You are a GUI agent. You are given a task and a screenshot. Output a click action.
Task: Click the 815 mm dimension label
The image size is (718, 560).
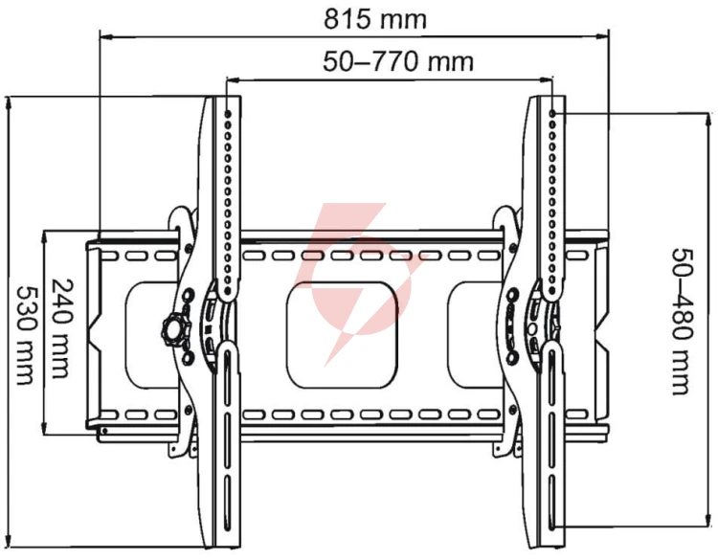(x=375, y=19)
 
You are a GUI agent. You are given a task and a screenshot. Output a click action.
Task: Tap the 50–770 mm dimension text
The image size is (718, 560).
(x=398, y=61)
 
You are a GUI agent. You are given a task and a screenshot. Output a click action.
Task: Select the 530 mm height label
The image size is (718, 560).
(x=26, y=335)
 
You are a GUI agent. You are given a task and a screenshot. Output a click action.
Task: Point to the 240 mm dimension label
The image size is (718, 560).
(x=60, y=328)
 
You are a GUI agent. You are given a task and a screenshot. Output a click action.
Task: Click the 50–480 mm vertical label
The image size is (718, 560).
(x=682, y=322)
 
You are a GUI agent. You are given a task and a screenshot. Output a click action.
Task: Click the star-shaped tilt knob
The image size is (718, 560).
(x=175, y=328)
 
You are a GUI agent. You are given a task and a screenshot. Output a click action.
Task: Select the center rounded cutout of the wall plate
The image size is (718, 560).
(x=342, y=335)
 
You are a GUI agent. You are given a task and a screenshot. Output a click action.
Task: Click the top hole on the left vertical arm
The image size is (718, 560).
(x=228, y=113)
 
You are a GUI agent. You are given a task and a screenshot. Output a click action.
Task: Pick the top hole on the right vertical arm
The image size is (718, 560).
(x=552, y=113)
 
